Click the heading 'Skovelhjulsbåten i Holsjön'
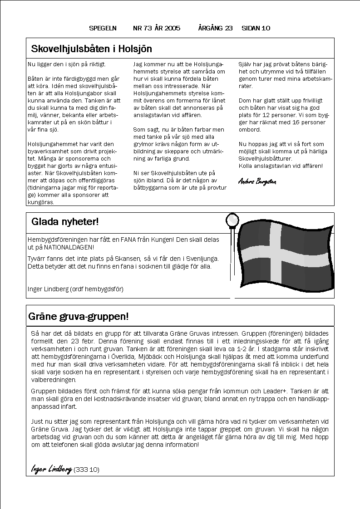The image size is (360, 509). [x=91, y=49]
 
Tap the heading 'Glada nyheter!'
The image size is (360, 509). [x=65, y=222]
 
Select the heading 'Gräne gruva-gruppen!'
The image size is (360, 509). [x=79, y=316]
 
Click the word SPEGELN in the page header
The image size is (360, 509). [x=103, y=28]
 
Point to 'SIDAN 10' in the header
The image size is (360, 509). [x=256, y=28]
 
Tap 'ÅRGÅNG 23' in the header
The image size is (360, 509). [x=215, y=28]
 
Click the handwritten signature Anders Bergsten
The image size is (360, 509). [x=256, y=181]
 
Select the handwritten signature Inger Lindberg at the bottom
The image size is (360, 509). [x=51, y=469]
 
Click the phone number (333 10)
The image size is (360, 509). [x=86, y=470]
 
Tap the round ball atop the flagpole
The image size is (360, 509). [x=232, y=220]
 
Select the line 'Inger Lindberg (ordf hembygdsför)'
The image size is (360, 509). [x=75, y=289]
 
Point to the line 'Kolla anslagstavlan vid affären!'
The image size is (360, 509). [x=281, y=166]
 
